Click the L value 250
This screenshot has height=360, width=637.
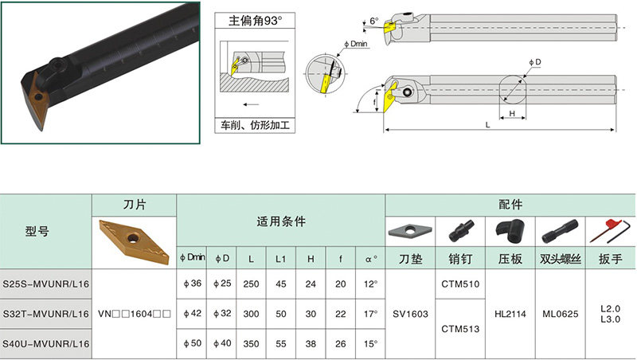coord(252,284)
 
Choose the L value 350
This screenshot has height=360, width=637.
coord(252,343)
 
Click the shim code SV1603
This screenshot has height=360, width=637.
coord(409,314)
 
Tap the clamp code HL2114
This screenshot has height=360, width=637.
coord(509,314)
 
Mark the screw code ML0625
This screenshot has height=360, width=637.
coord(561,314)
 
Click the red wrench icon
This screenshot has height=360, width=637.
coord(611,231)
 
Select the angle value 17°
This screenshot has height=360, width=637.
coord(369,314)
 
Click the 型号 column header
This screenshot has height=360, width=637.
coord(37,232)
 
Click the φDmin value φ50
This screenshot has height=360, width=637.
coord(193,343)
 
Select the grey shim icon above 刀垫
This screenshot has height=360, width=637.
coord(409,231)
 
